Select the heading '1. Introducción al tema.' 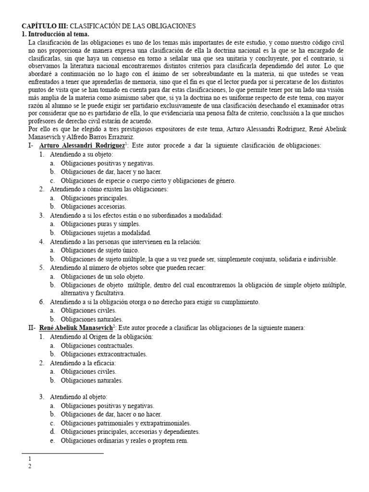tap(55, 34)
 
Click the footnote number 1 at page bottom tap(30, 459)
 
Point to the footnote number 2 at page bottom tap(30, 466)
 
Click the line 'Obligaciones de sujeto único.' tap(100, 250)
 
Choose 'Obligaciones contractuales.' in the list tap(98, 345)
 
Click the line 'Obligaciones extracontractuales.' tap(104, 354)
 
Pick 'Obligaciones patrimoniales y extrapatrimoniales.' tap(126, 423)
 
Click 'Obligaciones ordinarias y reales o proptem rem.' tap(124, 441)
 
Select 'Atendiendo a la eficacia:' tap(82, 363)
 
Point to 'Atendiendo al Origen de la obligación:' tap(101, 337)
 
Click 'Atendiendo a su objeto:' tap(81, 155)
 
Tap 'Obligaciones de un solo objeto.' tap(102, 276)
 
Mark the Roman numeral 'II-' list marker tap(32, 328)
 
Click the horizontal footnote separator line tap(63, 453)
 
